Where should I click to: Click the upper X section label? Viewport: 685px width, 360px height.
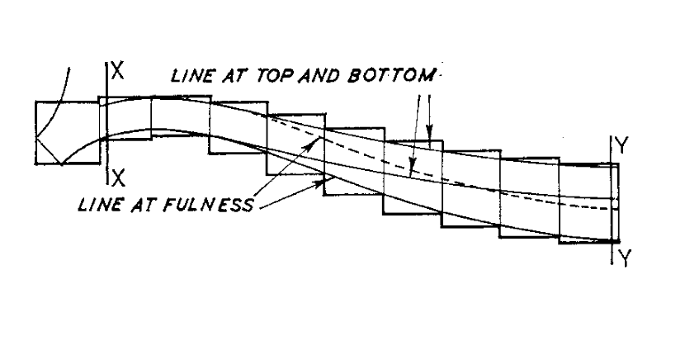117,71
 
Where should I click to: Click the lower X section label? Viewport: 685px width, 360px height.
118,178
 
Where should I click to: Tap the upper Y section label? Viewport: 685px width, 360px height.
621,145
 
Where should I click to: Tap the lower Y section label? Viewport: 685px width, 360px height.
625,258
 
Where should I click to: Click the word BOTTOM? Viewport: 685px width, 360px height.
392,75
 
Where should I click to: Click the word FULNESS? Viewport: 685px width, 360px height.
209,204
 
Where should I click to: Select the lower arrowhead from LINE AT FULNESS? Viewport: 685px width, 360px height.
322,182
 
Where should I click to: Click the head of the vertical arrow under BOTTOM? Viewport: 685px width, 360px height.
429,130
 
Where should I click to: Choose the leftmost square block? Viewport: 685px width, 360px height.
68,133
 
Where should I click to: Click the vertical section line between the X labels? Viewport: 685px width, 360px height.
106,123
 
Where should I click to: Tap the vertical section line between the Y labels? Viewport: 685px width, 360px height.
612,200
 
